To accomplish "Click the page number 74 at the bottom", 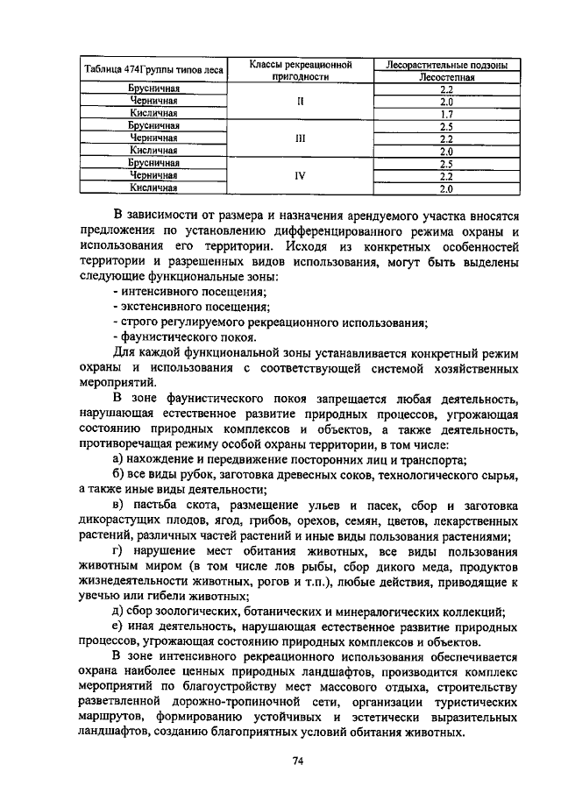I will pyautogui.click(x=298, y=759).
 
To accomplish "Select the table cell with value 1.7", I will pyautogui.click(x=446, y=114).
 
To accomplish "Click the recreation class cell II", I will pyautogui.click(x=300, y=102).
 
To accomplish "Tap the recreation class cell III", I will pyautogui.click(x=300, y=138).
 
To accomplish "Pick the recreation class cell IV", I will pyautogui.click(x=300, y=175).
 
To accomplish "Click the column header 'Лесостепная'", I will pyautogui.click(x=446, y=77).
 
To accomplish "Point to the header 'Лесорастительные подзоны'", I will pyautogui.click(x=446, y=65).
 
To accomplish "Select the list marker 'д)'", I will pyautogui.click(x=119, y=612).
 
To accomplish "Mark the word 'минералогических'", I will pyautogui.click(x=378, y=612).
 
